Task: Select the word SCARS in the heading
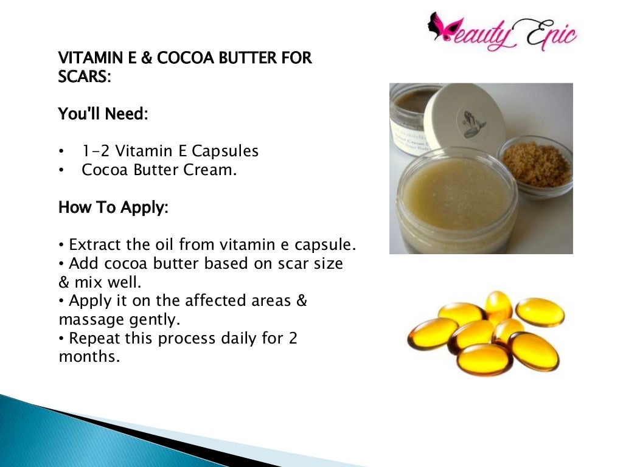point(83,77)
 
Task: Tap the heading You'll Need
point(102,114)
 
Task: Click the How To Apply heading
point(113,207)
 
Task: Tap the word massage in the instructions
point(89,319)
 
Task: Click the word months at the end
point(88,357)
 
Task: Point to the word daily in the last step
point(240,338)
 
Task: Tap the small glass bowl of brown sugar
point(535,165)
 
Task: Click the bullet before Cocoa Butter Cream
point(61,171)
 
